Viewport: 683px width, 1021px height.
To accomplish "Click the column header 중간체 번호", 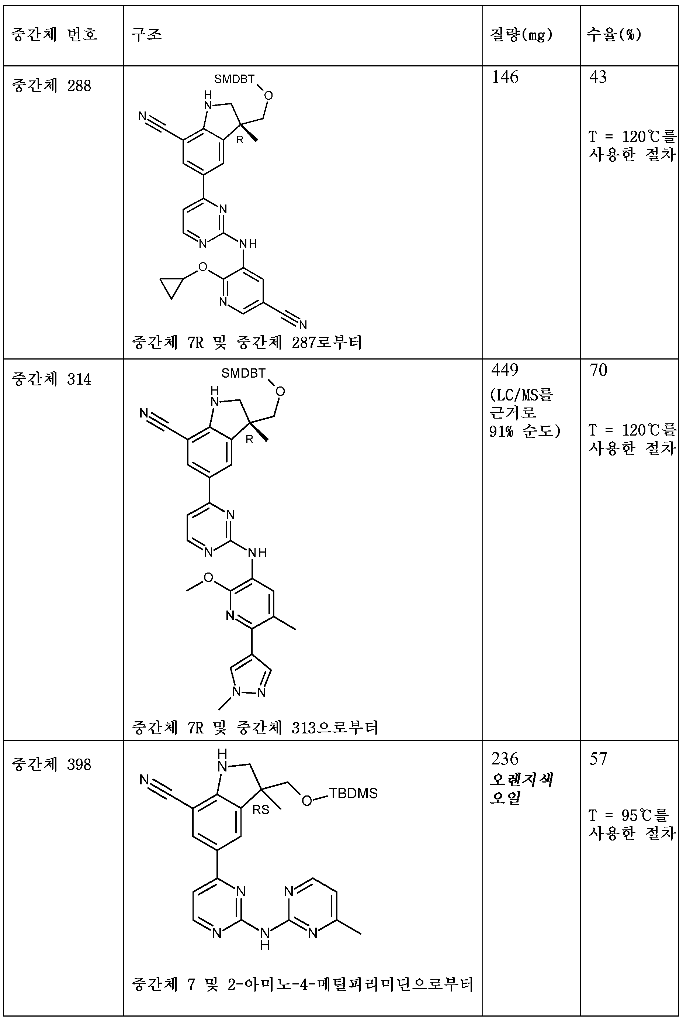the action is tap(55, 34).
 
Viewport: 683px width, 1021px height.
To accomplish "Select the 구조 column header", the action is tap(147, 34).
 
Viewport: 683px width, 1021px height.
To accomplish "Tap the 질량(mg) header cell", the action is tap(521, 34).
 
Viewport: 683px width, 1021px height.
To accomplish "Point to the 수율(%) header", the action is tap(614, 34).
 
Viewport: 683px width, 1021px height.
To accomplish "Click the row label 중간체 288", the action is tap(51, 85).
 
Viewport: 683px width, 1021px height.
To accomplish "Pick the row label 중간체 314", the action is tap(51, 379).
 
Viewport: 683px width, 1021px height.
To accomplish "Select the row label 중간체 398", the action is tap(51, 765).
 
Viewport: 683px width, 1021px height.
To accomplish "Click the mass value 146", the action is tap(505, 77).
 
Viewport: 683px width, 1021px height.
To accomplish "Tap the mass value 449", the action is tap(505, 370).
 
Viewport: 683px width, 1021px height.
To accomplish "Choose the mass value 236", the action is tap(505, 759).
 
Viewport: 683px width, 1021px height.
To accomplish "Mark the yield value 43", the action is tap(598, 77).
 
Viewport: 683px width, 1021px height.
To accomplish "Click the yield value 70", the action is tap(599, 370).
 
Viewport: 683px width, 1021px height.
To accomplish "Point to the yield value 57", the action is tap(598, 759).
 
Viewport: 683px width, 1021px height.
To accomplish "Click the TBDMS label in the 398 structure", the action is tap(353, 793).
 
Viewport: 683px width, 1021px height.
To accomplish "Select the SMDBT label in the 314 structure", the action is tap(243, 373).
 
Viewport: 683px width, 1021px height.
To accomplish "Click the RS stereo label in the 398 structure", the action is tap(260, 809).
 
